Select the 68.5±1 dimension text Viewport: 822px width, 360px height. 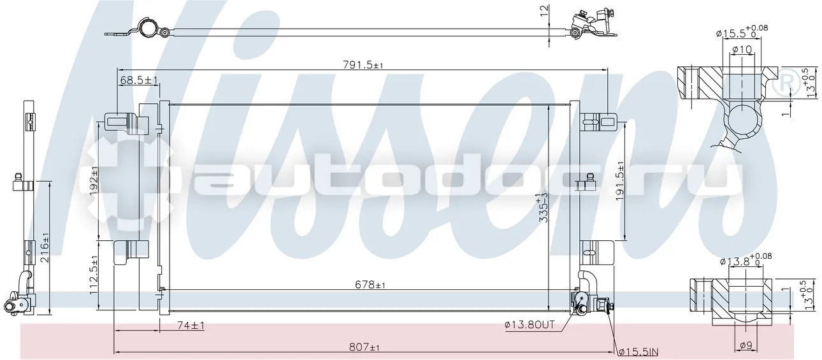[139, 80]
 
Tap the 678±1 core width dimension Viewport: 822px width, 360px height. [370, 284]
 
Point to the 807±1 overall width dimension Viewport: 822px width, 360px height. [364, 347]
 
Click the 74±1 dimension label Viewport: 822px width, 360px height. [191, 325]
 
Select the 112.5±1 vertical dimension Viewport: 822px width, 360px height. [94, 275]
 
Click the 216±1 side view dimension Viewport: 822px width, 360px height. [45, 247]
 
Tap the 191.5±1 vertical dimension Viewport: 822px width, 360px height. [620, 181]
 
